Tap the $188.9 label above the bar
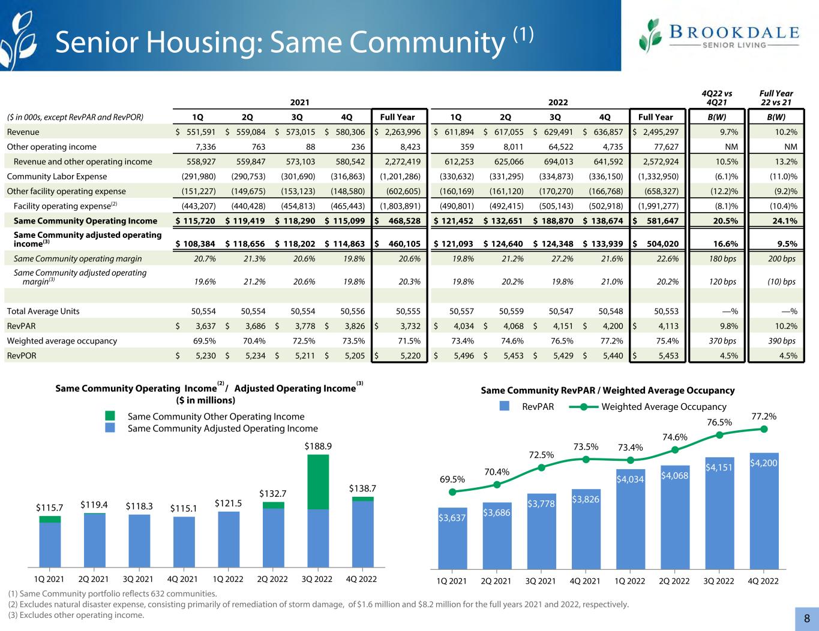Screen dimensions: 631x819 (x=318, y=446)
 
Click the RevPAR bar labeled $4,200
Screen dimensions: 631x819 (x=764, y=509)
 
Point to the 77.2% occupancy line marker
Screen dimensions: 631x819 (x=764, y=428)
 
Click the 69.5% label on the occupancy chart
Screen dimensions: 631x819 (x=452, y=479)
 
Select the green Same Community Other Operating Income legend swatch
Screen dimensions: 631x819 (x=109, y=416)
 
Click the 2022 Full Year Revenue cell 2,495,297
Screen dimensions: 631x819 (x=657, y=132)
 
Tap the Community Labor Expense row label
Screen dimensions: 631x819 (x=56, y=176)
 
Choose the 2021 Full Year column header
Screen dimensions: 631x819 (x=397, y=117)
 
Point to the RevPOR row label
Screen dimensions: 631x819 (x=20, y=356)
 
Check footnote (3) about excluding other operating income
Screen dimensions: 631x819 (x=76, y=615)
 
